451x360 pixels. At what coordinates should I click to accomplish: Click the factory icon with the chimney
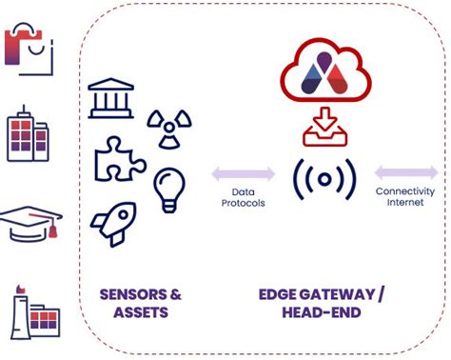pos(31,311)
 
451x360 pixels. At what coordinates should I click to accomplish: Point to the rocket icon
pos(114,222)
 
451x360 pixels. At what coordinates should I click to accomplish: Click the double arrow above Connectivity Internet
pos(405,173)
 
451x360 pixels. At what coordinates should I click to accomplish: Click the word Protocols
pos(243,204)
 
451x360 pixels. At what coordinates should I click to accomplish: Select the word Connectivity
pos(405,191)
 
